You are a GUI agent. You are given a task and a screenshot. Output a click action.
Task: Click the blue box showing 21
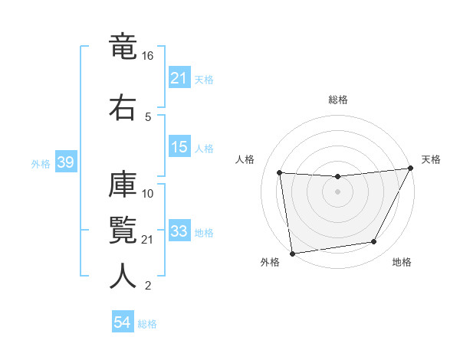[179, 78]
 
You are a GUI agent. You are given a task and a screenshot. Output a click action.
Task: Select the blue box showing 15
[179, 147]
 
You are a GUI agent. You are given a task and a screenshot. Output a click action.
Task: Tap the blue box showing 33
[179, 231]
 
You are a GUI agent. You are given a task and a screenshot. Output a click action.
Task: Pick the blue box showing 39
[65, 163]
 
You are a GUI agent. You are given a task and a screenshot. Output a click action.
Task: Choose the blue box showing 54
[123, 323]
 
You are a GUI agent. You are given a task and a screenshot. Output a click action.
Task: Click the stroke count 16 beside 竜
[148, 57]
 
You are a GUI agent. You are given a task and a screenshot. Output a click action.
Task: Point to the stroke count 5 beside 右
[148, 116]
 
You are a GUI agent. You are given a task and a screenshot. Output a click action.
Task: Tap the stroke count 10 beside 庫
[148, 193]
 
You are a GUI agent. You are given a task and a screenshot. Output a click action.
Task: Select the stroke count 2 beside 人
[148, 286]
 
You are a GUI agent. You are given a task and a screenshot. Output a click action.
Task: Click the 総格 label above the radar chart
[337, 100]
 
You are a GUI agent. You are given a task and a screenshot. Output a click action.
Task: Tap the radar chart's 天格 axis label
[431, 159]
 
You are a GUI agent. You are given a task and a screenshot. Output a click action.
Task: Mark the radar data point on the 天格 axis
[411, 169]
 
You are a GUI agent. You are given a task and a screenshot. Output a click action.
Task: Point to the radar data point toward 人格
[280, 173]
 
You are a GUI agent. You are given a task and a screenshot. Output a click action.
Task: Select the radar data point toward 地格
[374, 242]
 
